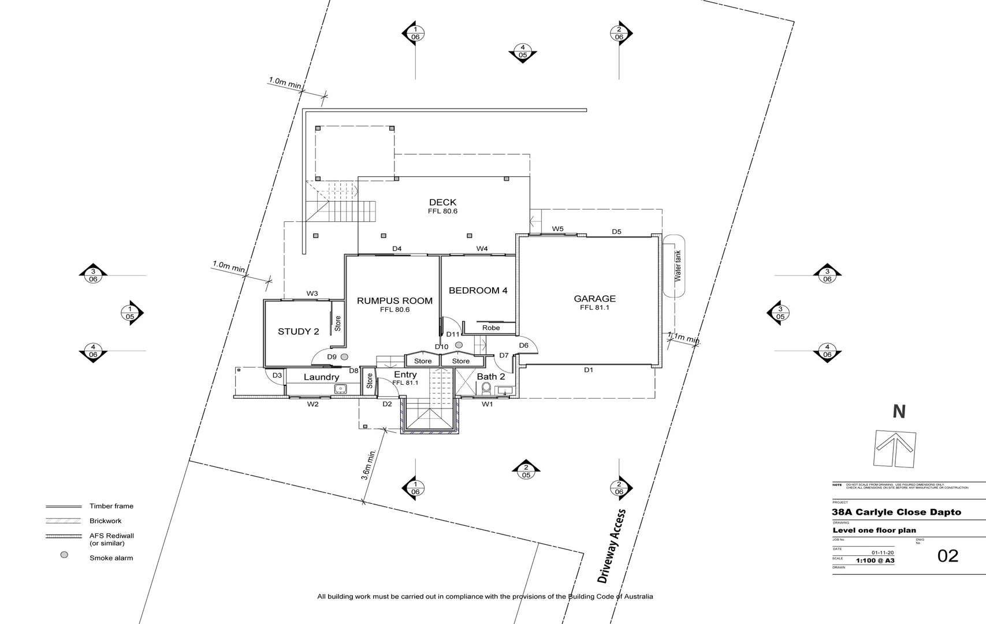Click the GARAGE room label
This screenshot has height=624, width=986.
pos(594,299)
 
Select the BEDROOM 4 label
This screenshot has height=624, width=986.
pos(478,291)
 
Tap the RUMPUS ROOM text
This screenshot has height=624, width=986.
pos(395,300)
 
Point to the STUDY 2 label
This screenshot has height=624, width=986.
pos(298,332)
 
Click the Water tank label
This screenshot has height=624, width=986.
pos(678,266)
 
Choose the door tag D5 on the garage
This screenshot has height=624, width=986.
pos(616,232)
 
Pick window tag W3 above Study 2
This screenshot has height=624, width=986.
pos(312,294)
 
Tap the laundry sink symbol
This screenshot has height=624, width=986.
pos(340,389)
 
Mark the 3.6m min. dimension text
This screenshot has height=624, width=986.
pos(368,465)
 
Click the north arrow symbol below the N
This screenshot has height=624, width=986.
pos(895,449)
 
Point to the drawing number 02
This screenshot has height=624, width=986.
pos(947,556)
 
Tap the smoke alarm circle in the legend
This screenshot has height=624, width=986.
pos(64,555)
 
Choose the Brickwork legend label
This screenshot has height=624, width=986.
pos(105,521)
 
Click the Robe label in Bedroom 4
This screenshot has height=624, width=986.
pos(491,328)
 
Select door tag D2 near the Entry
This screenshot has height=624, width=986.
pos(387,404)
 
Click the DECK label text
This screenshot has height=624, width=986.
pos(442,202)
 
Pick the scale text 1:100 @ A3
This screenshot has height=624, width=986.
pos(875,560)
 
